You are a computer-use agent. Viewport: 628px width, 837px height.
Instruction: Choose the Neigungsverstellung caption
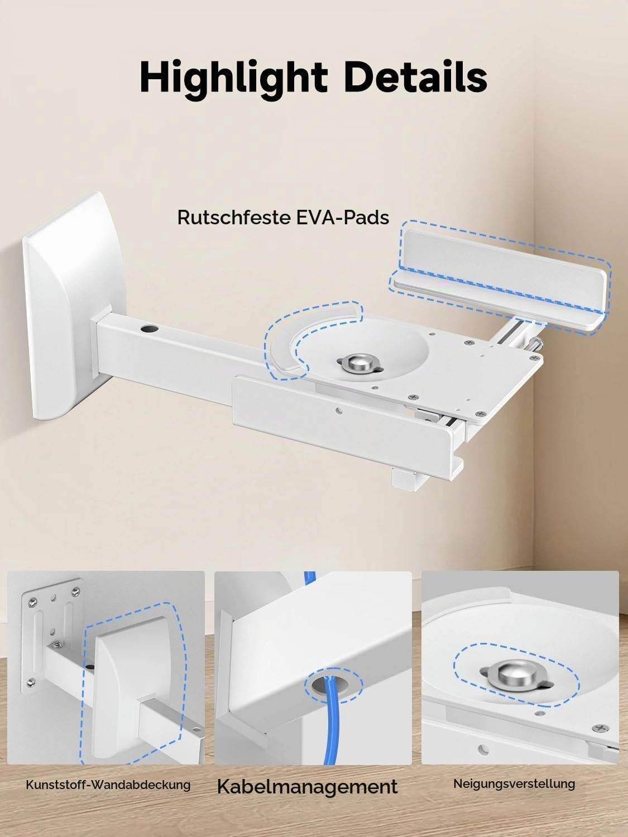pos(514,783)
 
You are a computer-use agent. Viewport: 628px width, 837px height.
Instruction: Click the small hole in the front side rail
pos(338,411)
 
